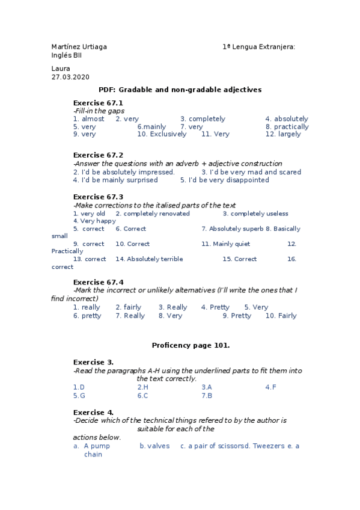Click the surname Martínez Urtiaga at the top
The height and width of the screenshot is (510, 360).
click(x=79, y=47)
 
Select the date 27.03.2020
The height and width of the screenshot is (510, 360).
click(x=70, y=77)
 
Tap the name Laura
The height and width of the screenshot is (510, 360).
click(x=61, y=69)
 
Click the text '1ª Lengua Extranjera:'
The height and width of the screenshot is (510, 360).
click(x=258, y=47)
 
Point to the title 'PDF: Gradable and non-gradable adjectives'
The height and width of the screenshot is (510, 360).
click(x=180, y=90)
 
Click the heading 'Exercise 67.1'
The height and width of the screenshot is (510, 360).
click(x=98, y=103)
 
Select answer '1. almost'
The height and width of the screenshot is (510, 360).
click(x=88, y=119)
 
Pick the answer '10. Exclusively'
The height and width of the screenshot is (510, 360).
click(x=162, y=134)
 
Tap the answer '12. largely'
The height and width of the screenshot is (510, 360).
click(x=283, y=134)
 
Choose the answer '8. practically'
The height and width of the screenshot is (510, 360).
click(x=287, y=127)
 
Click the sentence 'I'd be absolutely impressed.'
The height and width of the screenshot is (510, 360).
click(x=124, y=172)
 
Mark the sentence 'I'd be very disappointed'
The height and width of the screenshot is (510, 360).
click(x=225, y=180)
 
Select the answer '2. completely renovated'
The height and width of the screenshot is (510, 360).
click(x=153, y=214)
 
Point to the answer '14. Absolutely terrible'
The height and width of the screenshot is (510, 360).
click(x=149, y=259)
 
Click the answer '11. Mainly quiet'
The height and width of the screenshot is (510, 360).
click(x=225, y=244)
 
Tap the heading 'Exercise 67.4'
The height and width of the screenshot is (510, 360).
click(x=98, y=282)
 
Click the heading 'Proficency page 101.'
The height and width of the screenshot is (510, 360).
click(x=191, y=345)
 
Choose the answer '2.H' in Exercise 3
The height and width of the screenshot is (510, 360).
click(x=142, y=387)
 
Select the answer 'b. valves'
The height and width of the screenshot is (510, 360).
click(x=154, y=446)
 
